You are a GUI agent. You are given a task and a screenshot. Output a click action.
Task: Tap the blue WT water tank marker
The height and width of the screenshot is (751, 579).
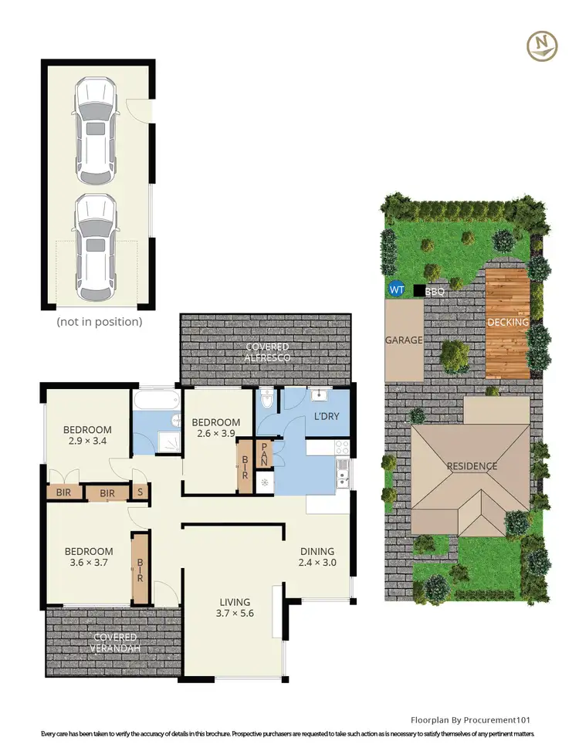click(397, 290)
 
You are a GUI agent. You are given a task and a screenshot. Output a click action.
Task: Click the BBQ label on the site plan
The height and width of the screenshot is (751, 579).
click(435, 292)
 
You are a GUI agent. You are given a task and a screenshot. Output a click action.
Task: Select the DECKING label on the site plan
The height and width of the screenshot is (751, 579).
click(508, 322)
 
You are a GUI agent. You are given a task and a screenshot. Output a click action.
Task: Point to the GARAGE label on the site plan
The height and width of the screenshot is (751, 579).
click(404, 340)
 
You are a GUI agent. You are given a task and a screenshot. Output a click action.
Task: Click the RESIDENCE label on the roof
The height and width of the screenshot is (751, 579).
click(472, 466)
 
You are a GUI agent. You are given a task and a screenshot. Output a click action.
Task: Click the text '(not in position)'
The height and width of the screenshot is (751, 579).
click(99, 321)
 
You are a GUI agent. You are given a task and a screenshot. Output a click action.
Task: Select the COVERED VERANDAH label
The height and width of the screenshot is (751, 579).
click(115, 642)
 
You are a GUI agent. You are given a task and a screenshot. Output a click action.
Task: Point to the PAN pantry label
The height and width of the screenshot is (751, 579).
click(264, 453)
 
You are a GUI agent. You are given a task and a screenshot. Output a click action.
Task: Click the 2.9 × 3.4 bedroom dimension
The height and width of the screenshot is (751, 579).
click(87, 443)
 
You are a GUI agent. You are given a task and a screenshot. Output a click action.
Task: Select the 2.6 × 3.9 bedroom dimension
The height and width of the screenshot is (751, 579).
click(216, 435)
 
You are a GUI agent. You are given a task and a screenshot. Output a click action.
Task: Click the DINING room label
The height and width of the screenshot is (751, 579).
click(317, 551)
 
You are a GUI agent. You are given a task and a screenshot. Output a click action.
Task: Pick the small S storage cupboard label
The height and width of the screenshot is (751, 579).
click(140, 492)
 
